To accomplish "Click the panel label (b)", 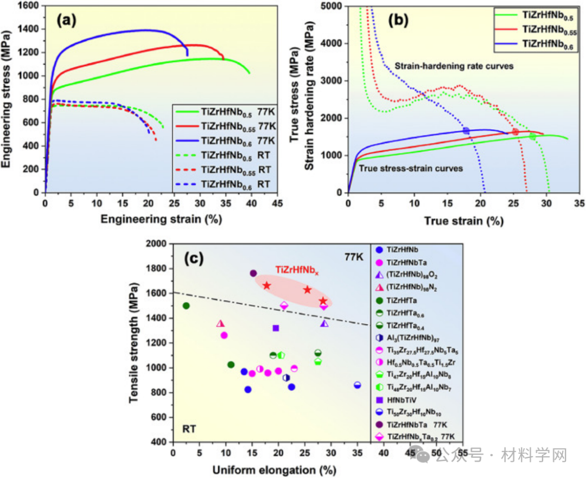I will pyautogui.click(x=400, y=23).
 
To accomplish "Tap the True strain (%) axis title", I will pyautogui.click(x=463, y=220).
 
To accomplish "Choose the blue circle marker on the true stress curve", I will pyautogui.click(x=466, y=130).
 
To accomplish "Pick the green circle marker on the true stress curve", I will pyautogui.click(x=533, y=137).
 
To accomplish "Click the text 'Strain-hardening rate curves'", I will pyautogui.click(x=454, y=66).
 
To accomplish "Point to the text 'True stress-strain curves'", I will pyautogui.click(x=411, y=168).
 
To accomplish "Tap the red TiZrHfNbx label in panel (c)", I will pyautogui.click(x=296, y=270).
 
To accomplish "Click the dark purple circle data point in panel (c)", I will pyautogui.click(x=253, y=273).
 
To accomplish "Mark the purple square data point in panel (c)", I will pyautogui.click(x=276, y=328).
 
